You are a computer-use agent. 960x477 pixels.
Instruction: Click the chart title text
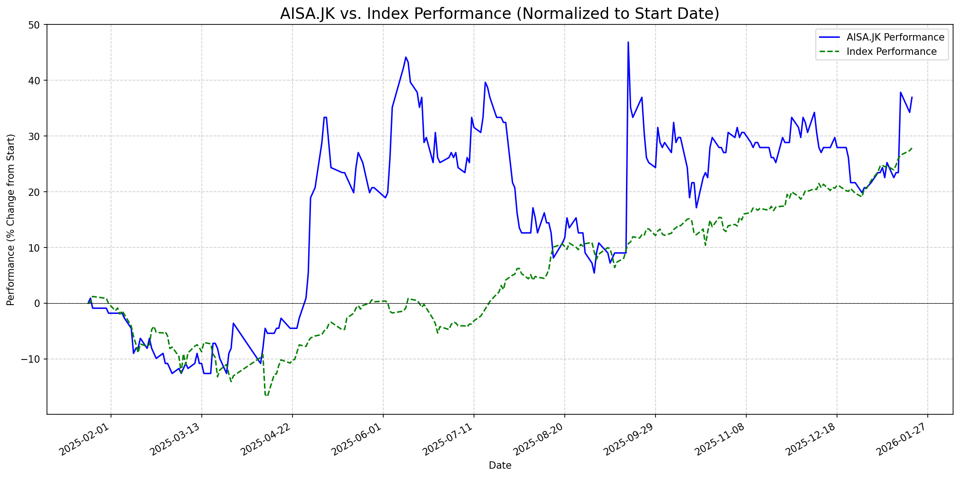tap(499, 13)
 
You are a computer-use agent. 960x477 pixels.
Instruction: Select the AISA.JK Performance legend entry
tap(895, 37)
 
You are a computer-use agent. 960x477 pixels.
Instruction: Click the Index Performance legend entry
tap(891, 52)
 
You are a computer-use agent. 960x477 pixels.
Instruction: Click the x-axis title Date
tap(500, 466)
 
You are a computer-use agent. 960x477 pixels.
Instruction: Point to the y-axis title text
tap(11, 220)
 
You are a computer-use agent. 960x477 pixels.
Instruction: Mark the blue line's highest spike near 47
tap(628, 42)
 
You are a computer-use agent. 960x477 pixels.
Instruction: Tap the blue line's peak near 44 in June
tap(406, 57)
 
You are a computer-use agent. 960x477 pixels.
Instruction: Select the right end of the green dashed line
tap(912, 148)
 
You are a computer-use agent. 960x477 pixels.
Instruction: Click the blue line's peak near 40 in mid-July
tap(485, 82)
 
